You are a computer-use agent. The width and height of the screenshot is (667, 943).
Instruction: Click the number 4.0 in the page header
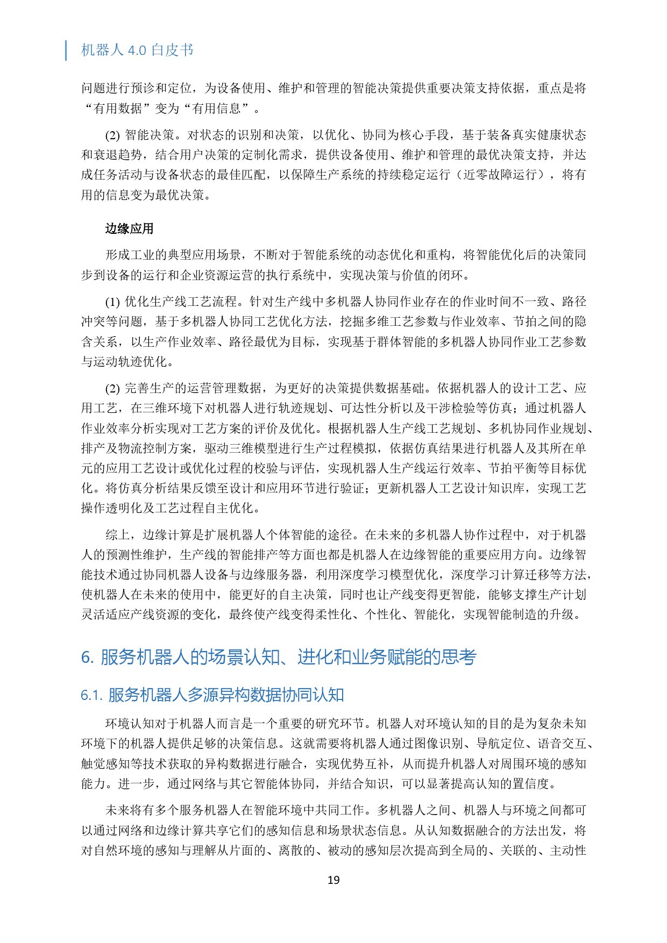(137, 51)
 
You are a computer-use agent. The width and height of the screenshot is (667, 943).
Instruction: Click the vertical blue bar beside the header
(66, 50)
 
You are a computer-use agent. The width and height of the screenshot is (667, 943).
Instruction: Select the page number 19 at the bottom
(334, 880)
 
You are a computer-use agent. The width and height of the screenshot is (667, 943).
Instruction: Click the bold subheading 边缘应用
(130, 229)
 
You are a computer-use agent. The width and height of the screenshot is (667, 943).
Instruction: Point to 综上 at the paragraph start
(117, 535)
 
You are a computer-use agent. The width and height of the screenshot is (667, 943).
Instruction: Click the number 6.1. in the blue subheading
(91, 695)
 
